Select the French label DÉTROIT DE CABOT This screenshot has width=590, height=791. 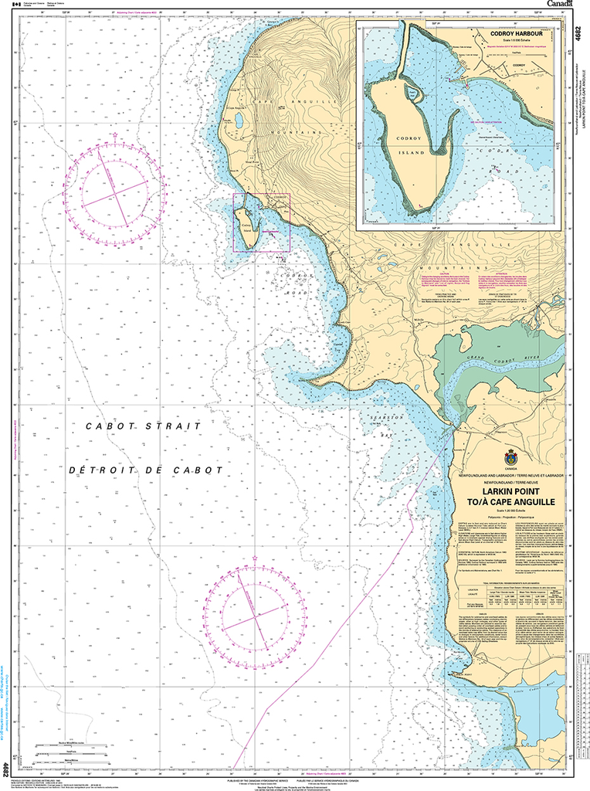pyautogui.click(x=145, y=470)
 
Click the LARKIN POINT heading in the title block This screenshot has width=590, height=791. pyautogui.click(x=510, y=491)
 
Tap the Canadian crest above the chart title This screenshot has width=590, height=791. pyautogui.click(x=510, y=457)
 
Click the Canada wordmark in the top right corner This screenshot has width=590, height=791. pyautogui.click(x=561, y=5)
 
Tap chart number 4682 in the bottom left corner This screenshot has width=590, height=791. pyautogui.click(x=6, y=769)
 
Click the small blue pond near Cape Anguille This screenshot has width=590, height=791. pyautogui.click(x=239, y=121)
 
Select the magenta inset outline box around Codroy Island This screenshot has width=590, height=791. pyautogui.click(x=261, y=222)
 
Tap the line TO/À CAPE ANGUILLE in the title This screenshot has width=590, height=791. pyautogui.click(x=510, y=501)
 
